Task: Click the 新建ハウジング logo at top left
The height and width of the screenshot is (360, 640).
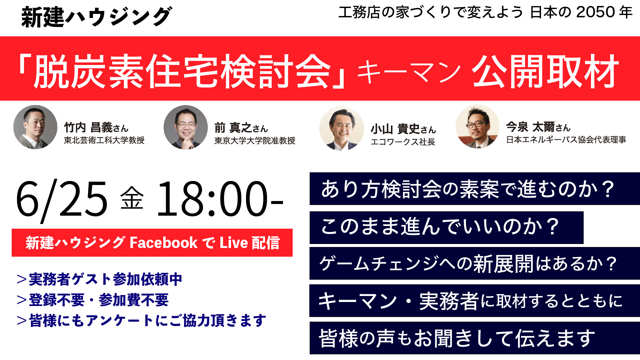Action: (x=96, y=17)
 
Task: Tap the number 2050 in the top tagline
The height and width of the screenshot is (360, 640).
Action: (x=595, y=12)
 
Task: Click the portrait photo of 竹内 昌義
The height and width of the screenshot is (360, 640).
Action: (x=35, y=127)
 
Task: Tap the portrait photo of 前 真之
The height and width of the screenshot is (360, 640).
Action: (x=186, y=127)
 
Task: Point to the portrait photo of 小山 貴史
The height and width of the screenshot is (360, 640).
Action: (x=341, y=128)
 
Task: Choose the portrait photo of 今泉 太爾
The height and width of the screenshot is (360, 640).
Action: (x=477, y=127)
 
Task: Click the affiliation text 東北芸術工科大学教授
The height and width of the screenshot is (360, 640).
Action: (x=104, y=140)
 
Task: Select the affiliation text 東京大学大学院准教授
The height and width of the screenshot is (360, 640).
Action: (x=255, y=141)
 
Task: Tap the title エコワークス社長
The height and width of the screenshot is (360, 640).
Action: (x=403, y=142)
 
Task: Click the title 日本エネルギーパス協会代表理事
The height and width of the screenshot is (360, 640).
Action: (x=566, y=140)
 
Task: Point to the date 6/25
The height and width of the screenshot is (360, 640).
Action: (x=62, y=199)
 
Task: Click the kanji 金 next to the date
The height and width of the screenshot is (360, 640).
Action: (x=132, y=198)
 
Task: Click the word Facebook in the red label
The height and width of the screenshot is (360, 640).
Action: (x=163, y=243)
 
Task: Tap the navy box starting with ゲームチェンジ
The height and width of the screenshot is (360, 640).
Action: (x=474, y=263)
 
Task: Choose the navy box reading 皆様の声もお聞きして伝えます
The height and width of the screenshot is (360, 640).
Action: (x=474, y=338)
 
